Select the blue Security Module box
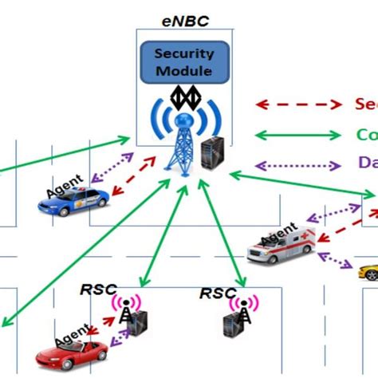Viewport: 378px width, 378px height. click(184, 63)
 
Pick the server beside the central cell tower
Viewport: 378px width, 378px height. click(212, 151)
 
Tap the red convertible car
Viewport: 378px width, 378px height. click(72, 350)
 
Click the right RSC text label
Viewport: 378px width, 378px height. click(218, 293)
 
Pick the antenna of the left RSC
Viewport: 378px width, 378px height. click(124, 311)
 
